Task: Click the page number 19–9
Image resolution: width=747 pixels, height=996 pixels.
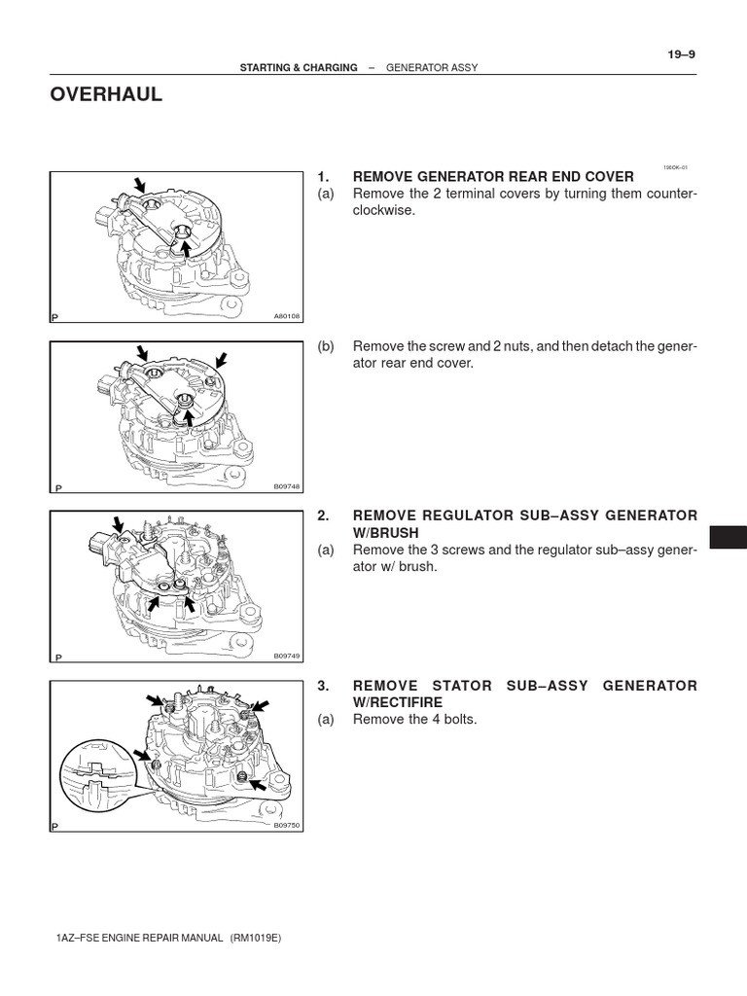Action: pyautogui.click(x=681, y=54)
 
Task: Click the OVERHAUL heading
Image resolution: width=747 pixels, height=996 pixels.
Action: pyautogui.click(x=106, y=94)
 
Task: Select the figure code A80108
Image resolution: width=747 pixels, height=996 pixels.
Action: pyautogui.click(x=287, y=316)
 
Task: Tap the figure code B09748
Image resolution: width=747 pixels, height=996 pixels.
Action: pyautogui.click(x=287, y=486)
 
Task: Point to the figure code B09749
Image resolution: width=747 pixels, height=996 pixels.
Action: pyautogui.click(x=287, y=657)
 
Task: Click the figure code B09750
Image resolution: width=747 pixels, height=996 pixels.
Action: pyautogui.click(x=287, y=826)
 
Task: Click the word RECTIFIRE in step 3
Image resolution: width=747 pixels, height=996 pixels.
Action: pyautogui.click(x=404, y=702)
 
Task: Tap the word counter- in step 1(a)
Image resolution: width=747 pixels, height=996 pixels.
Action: pyautogui.click(x=672, y=194)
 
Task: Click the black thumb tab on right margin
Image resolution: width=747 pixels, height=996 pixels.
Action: pyautogui.click(x=728, y=537)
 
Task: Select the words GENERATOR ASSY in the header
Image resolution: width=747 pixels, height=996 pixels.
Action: pyautogui.click(x=432, y=68)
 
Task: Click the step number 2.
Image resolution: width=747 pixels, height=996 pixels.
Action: pyautogui.click(x=323, y=516)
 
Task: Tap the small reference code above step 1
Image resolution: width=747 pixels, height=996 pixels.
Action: pyautogui.click(x=675, y=167)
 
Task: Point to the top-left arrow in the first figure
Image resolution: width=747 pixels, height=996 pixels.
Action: pyautogui.click(x=140, y=185)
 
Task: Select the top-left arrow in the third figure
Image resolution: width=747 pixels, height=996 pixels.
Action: pyautogui.click(x=119, y=524)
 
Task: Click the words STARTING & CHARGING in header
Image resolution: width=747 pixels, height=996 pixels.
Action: pyautogui.click(x=299, y=68)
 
